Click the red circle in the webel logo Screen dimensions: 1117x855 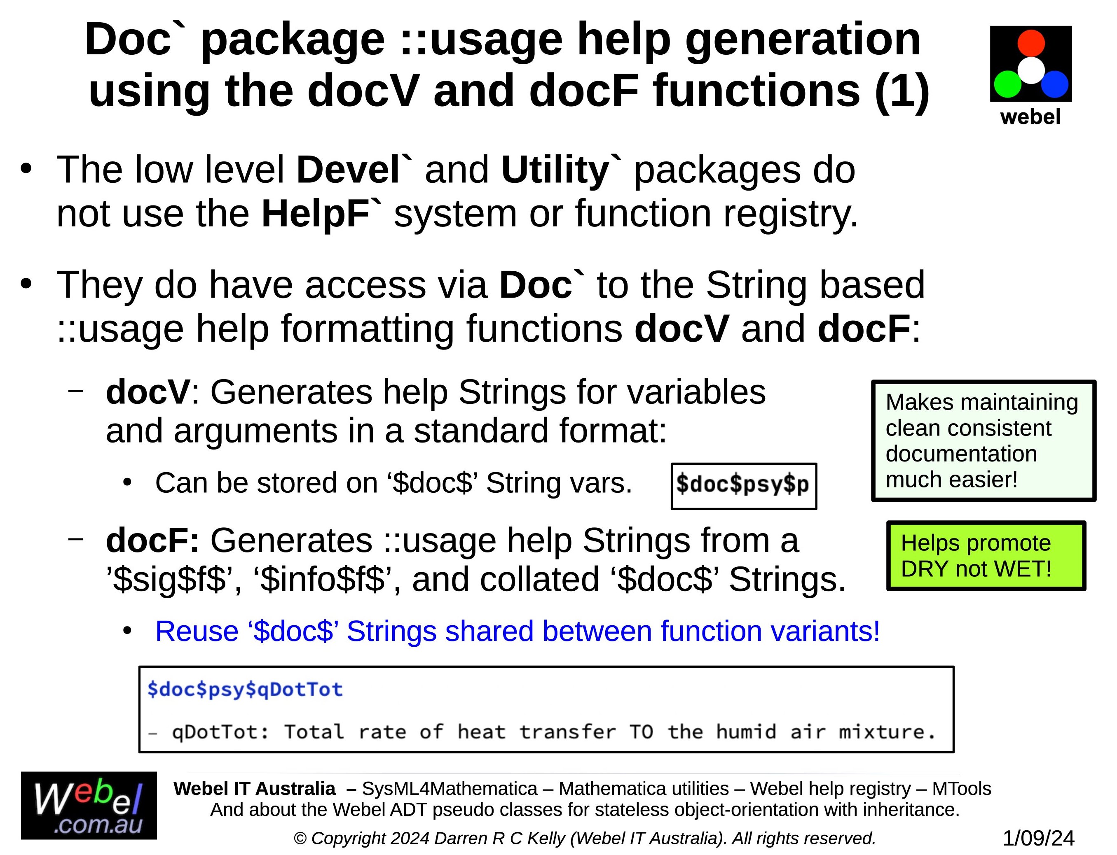coord(1031,43)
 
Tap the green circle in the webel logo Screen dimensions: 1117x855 coord(1007,84)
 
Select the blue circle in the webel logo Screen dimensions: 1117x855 coord(1054,84)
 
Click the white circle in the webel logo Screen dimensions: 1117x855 coord(1031,70)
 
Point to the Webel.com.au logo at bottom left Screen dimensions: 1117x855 coord(89,806)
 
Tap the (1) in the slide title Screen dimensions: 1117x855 coord(902,92)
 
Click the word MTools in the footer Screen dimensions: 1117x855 coord(962,788)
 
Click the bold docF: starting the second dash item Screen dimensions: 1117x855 coord(153,540)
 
